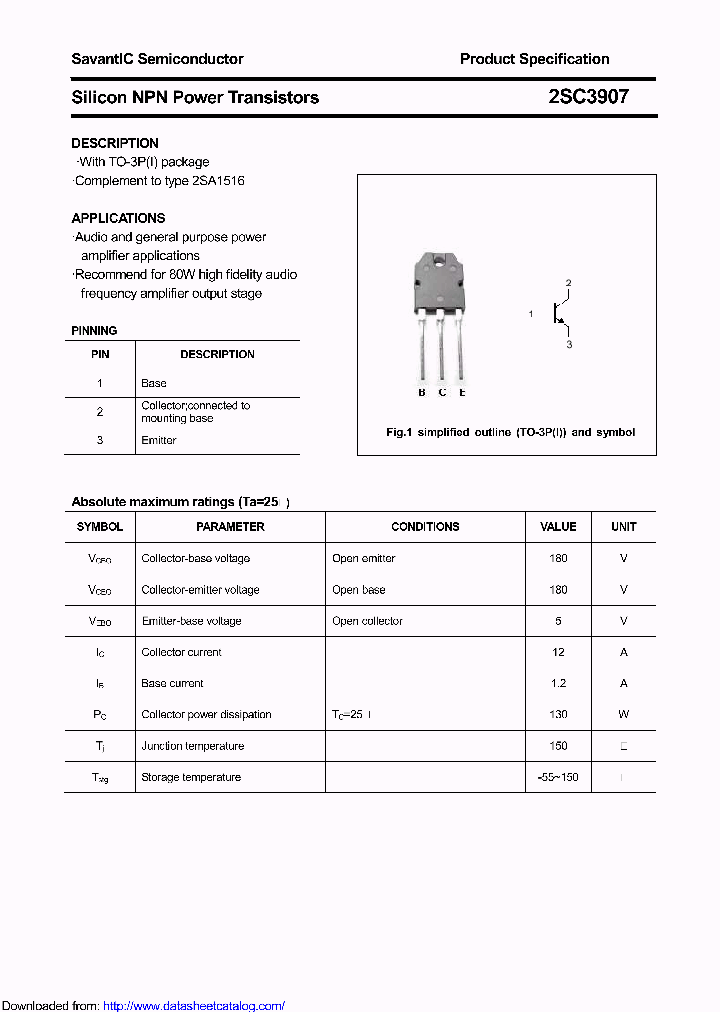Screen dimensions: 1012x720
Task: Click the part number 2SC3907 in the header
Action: click(x=589, y=97)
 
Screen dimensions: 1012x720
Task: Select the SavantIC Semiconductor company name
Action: click(x=157, y=59)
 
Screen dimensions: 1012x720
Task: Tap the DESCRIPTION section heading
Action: click(x=115, y=143)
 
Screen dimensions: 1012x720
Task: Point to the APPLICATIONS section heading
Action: click(x=118, y=218)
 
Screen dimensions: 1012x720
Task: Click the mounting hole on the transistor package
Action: click(x=440, y=262)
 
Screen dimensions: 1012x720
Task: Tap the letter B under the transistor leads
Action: click(x=422, y=392)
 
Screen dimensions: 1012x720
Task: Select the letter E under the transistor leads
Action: click(x=462, y=392)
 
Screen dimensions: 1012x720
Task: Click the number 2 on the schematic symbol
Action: click(x=568, y=283)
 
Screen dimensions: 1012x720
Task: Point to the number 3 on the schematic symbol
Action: click(x=569, y=344)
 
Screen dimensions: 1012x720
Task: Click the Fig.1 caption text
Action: click(x=510, y=432)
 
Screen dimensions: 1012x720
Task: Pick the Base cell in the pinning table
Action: click(x=154, y=383)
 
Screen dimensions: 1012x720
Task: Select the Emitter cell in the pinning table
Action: click(x=159, y=440)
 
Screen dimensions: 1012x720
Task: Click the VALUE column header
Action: click(x=558, y=526)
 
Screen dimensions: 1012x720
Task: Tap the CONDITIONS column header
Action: click(x=425, y=526)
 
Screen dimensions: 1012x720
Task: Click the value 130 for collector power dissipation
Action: click(x=558, y=714)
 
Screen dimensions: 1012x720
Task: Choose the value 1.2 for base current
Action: click(x=558, y=683)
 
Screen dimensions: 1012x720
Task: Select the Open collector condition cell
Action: click(x=367, y=621)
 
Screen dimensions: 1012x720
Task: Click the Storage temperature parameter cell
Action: click(x=191, y=777)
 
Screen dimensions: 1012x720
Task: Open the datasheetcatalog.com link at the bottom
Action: click(x=194, y=1006)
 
